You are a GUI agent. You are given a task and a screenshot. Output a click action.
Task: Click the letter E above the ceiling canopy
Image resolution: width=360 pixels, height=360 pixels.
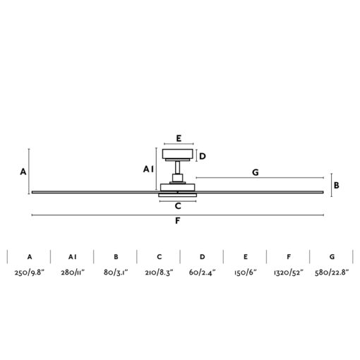click(179, 138)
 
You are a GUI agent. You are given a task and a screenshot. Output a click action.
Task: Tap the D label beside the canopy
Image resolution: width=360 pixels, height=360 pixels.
click(203, 156)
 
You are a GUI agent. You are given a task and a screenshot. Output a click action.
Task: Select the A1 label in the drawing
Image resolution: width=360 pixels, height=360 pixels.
click(148, 169)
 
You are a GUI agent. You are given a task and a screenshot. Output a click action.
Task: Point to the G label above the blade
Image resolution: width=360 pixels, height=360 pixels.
click(256, 172)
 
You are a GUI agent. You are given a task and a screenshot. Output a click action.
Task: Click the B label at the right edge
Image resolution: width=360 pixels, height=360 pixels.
click(337, 186)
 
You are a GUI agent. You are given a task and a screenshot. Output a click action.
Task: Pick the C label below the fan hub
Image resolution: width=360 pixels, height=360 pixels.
click(178, 206)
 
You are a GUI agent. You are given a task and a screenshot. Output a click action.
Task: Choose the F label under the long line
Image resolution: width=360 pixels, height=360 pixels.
click(178, 221)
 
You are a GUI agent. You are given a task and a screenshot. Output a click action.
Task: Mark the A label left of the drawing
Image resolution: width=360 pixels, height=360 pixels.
click(23, 172)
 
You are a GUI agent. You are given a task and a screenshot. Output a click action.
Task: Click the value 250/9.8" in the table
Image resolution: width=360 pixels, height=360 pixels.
click(30, 272)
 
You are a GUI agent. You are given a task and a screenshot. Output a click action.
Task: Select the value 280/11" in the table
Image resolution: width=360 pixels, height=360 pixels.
click(73, 272)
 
